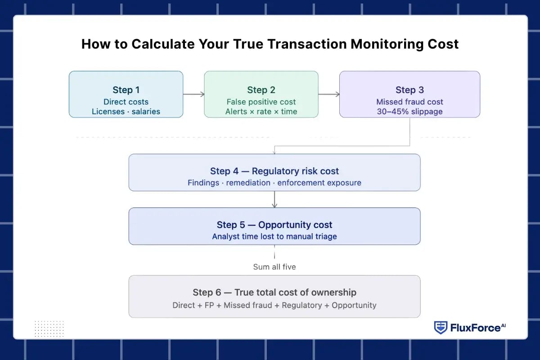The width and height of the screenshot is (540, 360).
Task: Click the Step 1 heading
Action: coord(126,90)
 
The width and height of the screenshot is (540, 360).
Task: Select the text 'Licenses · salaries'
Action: coord(126,112)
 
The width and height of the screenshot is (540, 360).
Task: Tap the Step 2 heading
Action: coord(261,90)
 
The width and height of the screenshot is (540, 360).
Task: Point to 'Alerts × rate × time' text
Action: coord(261,112)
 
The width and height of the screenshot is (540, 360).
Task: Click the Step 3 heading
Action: coord(409,90)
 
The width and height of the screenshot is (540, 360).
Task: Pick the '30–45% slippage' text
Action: coord(409,112)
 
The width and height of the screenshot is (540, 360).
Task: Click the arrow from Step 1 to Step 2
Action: coord(193,94)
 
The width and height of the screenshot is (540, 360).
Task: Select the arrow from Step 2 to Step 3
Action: coord(328,94)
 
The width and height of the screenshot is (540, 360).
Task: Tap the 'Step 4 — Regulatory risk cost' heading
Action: coord(274,171)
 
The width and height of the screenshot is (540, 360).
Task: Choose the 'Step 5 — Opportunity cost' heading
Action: coord(274,225)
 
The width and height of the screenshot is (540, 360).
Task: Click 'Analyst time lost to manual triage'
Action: coord(274,236)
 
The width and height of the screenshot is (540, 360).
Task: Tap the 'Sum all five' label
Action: coord(274,267)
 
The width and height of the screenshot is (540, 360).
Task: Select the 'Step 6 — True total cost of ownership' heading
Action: coord(274,292)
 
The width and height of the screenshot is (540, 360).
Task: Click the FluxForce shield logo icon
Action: coord(440,328)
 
